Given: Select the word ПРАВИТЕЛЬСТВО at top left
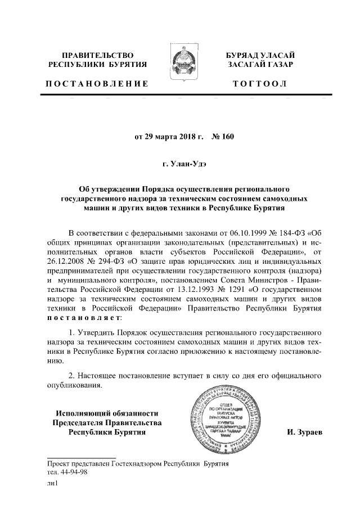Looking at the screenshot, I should point(97,55).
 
